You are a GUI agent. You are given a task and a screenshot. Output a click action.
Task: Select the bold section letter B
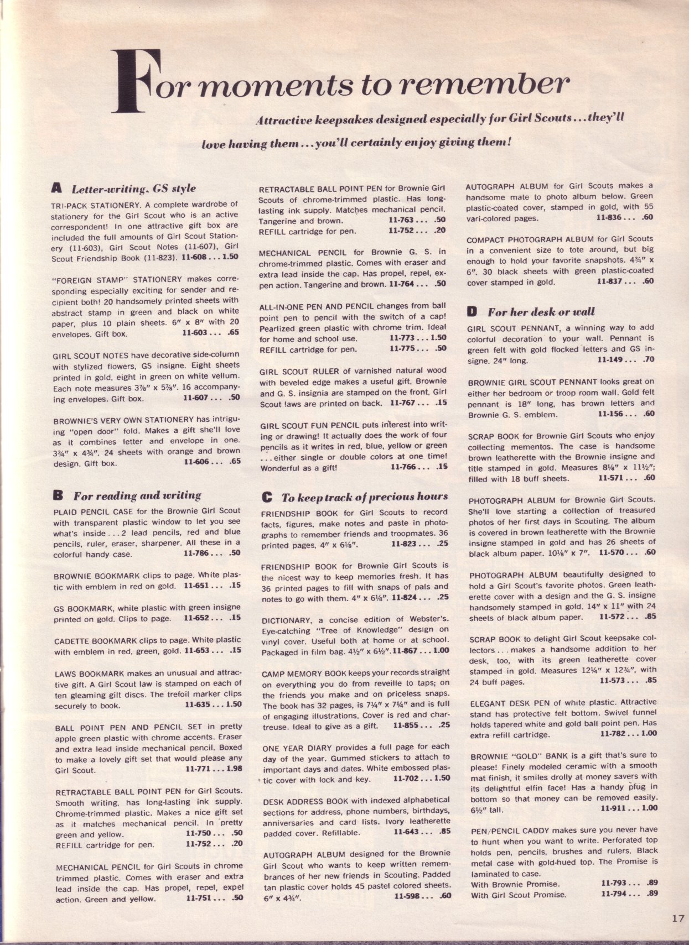point(57,495)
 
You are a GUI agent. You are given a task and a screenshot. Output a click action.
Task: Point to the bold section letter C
point(266,497)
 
